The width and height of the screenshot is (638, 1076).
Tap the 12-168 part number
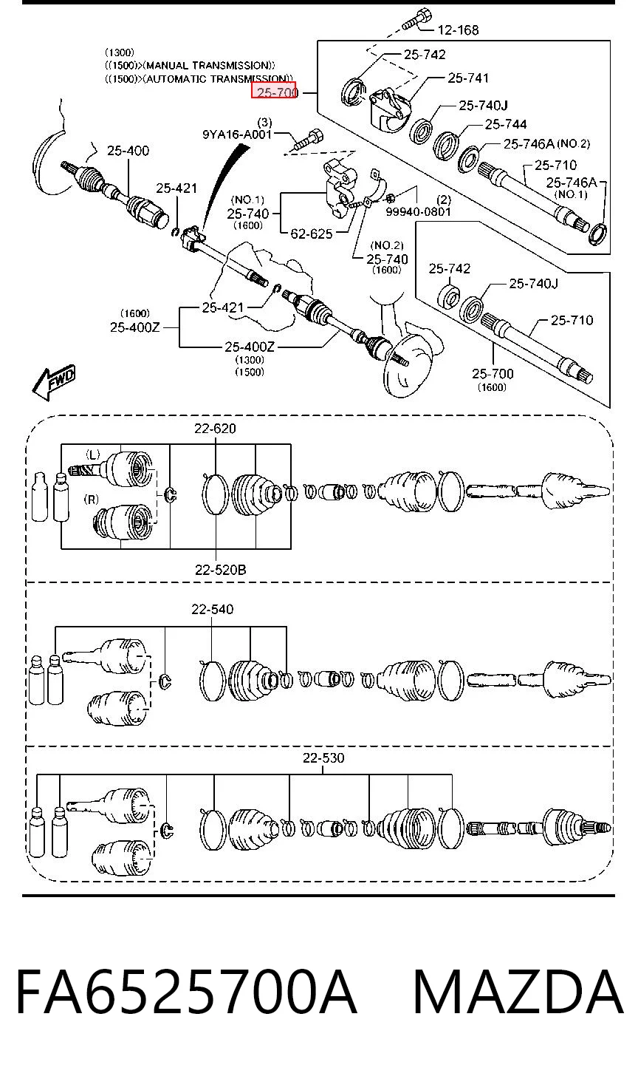[x=458, y=30]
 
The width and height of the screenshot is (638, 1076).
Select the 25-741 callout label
[x=468, y=78]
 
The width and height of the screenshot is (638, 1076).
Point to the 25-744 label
[x=506, y=124]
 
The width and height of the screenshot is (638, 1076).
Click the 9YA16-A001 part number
[x=237, y=134]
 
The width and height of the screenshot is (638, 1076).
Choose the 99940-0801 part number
[x=418, y=211]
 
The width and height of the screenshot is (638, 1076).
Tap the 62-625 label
[x=312, y=234]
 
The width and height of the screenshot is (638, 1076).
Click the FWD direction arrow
[x=54, y=382]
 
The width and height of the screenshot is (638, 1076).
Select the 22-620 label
[x=215, y=428]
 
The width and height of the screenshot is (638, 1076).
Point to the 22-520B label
[x=220, y=570]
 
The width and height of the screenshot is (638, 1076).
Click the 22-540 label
[x=212, y=609]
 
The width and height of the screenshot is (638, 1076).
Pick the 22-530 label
[x=323, y=757]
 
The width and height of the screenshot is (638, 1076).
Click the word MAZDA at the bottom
[x=518, y=992]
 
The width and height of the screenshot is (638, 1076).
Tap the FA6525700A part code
[x=186, y=992]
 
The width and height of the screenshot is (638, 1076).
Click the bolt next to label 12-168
[x=416, y=18]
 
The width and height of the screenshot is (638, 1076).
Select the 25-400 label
[x=128, y=151]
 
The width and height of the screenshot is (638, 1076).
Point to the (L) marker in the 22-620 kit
[x=92, y=454]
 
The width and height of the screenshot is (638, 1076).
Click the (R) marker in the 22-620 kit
[x=92, y=499]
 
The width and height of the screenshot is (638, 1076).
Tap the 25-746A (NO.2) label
[x=546, y=143]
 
